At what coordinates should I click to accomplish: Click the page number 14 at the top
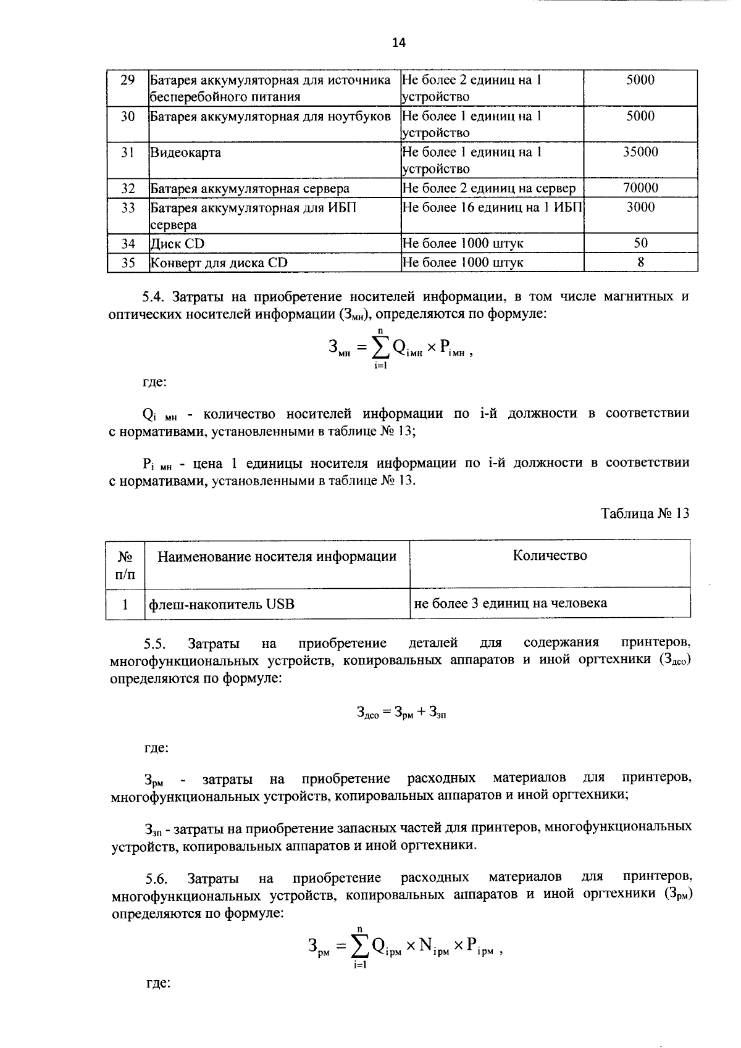(398, 43)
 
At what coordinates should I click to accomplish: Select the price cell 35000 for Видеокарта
(640, 152)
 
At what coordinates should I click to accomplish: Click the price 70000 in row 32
(640, 188)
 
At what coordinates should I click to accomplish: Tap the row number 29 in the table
(128, 80)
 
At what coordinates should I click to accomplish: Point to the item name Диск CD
(177, 244)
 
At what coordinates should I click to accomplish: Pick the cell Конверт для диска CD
(219, 262)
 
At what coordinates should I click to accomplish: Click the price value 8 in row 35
(640, 262)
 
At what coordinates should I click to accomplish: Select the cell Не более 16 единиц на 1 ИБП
(492, 207)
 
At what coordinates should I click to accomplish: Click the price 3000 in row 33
(640, 207)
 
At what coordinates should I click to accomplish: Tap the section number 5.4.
(154, 297)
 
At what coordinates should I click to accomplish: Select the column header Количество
(550, 555)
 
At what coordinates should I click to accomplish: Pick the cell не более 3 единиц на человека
(510, 603)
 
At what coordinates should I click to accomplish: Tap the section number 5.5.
(155, 644)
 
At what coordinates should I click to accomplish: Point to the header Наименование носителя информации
(277, 557)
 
